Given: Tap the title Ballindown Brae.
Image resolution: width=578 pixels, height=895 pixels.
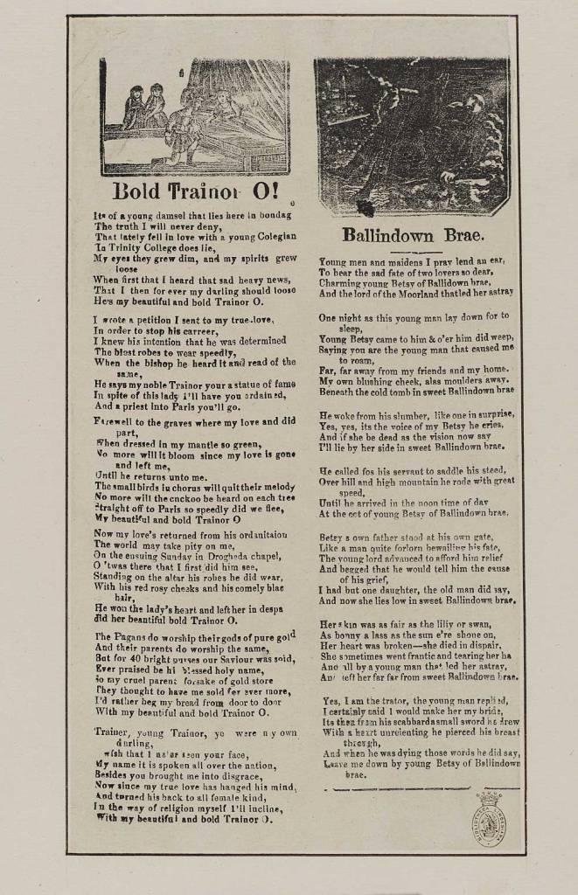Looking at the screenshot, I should (414, 234).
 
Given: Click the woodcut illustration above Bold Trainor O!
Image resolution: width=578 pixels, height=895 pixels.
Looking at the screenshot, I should (195, 116).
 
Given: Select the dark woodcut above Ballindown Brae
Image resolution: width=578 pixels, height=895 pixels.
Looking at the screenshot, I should (412, 135).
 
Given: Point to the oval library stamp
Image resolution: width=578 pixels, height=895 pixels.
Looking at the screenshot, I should (490, 817).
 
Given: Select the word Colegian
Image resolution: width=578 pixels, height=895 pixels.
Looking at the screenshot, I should (272, 236).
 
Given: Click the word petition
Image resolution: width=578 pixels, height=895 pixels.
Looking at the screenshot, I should (146, 321).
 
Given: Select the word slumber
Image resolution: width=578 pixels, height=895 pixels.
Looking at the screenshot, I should (400, 414).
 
